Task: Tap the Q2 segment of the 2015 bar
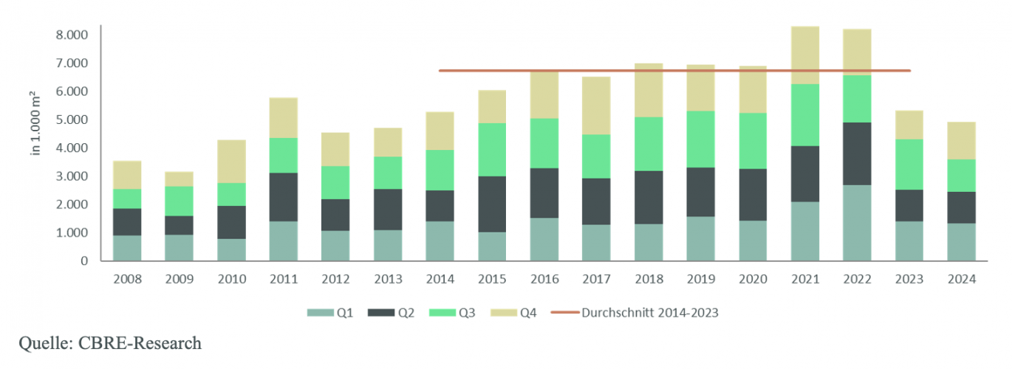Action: (x=492, y=204)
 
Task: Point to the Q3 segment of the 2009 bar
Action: (x=180, y=201)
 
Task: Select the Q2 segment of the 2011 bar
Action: (x=284, y=197)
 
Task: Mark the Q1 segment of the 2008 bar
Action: (x=127, y=248)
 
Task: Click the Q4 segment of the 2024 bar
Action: (x=962, y=140)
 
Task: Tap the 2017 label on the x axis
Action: (x=596, y=280)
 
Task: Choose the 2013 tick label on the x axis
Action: (x=388, y=280)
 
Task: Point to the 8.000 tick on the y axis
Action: (x=72, y=35)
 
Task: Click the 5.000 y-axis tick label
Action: (x=72, y=120)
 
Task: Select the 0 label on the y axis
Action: (x=85, y=261)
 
